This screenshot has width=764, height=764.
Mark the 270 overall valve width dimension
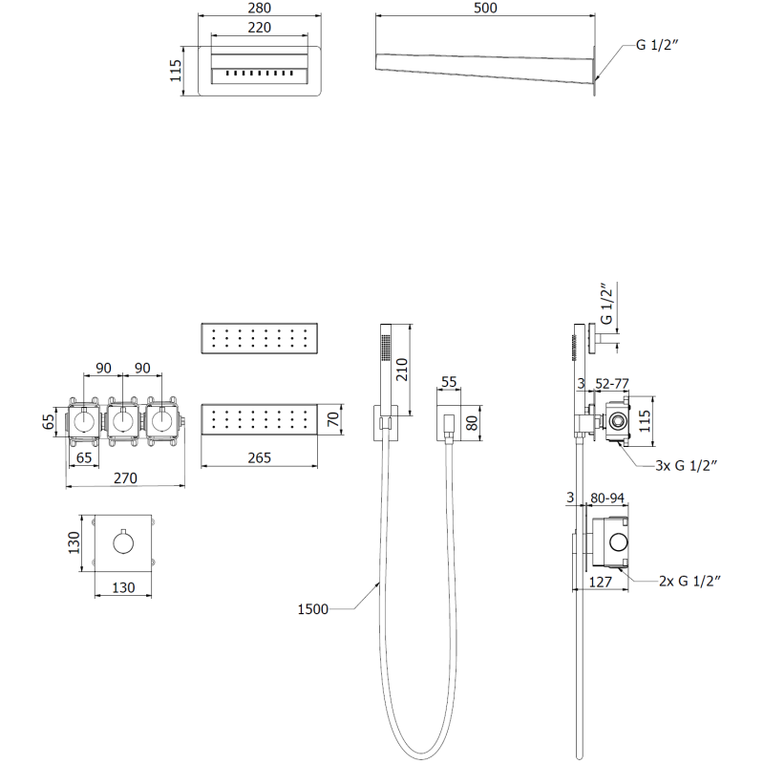(x=126, y=477)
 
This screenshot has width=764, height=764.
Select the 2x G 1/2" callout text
(x=688, y=580)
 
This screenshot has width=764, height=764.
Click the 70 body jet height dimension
(x=332, y=419)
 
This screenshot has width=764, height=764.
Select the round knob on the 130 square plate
(x=123, y=544)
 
